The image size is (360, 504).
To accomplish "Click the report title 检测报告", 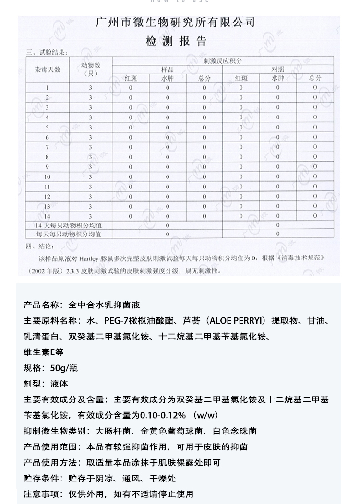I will click(x=176, y=41).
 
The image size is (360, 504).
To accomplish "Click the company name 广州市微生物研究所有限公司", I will click(x=176, y=23).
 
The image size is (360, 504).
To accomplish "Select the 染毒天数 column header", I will click(x=48, y=69).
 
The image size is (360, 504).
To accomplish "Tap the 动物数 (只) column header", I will click(x=91, y=69).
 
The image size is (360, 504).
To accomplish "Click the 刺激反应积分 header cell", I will click(x=222, y=61).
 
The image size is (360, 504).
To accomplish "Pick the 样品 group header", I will click(x=167, y=70).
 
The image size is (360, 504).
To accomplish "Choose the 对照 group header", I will click(x=278, y=70).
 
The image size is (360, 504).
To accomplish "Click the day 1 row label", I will click(x=48, y=88).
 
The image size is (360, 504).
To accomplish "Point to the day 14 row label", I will click(x=48, y=216).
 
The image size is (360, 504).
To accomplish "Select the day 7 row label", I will click(x=48, y=147).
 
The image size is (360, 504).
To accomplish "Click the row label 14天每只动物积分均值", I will click(x=68, y=225).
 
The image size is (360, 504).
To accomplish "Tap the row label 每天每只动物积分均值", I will click(x=68, y=234).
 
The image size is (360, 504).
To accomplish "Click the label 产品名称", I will click(x=40, y=305).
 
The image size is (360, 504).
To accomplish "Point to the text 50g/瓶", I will click(x=64, y=368).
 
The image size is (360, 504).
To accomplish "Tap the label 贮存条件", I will click(x=40, y=479).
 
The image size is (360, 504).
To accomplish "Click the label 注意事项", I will click(x=40, y=494).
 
